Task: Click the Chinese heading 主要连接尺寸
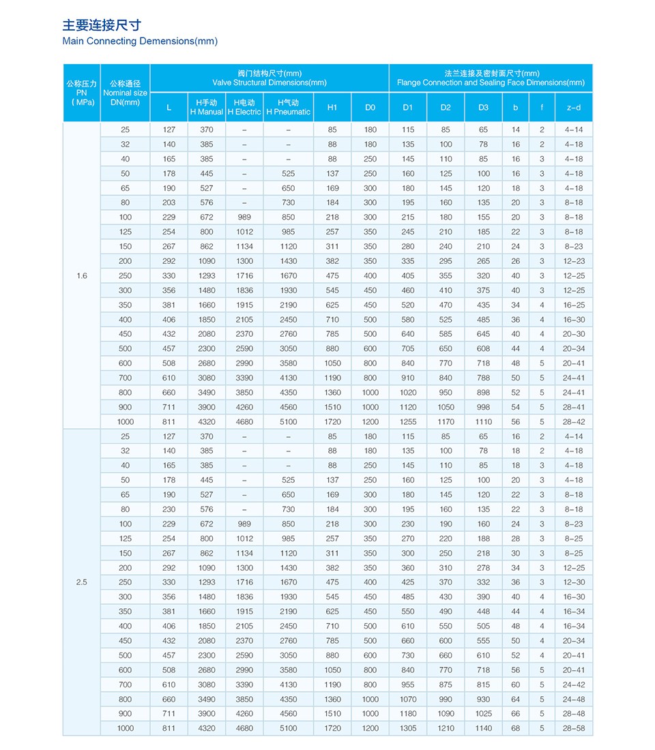pyautogui.click(x=102, y=25)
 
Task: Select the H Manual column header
pyautogui.click(x=206, y=107)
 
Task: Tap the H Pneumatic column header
pyautogui.click(x=288, y=107)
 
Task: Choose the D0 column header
pyautogui.click(x=370, y=107)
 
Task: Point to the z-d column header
pyautogui.click(x=573, y=107)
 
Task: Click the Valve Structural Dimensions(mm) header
pyautogui.click(x=270, y=78)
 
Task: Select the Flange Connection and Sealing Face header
pyautogui.click(x=491, y=78)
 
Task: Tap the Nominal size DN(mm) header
pyautogui.click(x=125, y=93)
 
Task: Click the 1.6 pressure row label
pyautogui.click(x=82, y=275)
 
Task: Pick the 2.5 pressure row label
pyautogui.click(x=82, y=582)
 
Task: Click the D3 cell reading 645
pyautogui.click(x=483, y=334)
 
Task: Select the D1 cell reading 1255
pyautogui.click(x=408, y=422)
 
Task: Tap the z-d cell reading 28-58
pyautogui.click(x=573, y=728)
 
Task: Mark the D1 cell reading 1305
pyautogui.click(x=408, y=728)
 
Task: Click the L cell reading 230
pyautogui.click(x=169, y=509)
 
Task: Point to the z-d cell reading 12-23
pyautogui.click(x=573, y=261)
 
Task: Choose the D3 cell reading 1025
pyautogui.click(x=483, y=714)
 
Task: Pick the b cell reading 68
pyautogui.click(x=515, y=728)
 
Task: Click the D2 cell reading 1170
pyautogui.click(x=446, y=422)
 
